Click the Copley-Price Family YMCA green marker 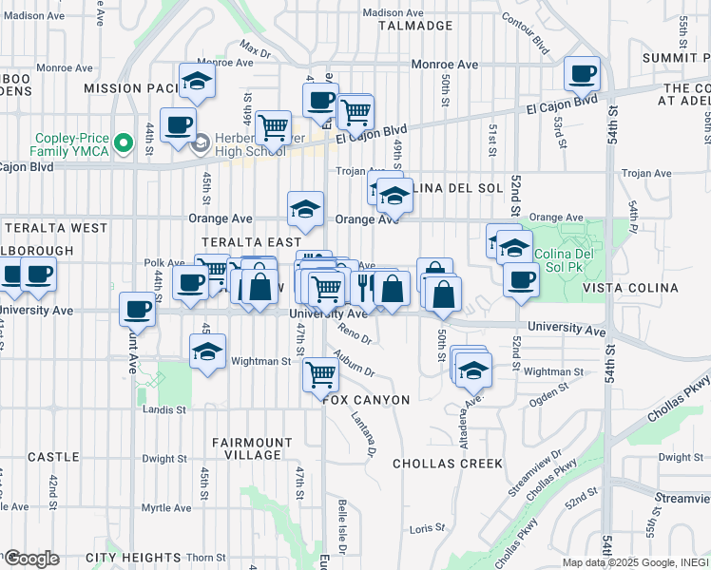[122, 144]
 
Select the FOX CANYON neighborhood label [366, 400]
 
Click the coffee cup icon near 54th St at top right [582, 73]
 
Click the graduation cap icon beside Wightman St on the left [207, 351]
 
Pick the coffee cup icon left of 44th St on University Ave [138, 310]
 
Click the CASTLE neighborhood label [53, 457]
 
